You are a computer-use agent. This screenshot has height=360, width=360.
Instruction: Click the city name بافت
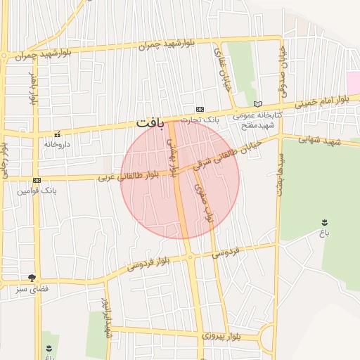[150, 123]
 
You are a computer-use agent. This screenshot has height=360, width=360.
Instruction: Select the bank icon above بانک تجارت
[200, 109]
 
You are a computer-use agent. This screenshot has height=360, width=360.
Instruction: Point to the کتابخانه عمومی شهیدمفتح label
[257, 119]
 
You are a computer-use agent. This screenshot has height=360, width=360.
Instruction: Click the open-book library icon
[257, 104]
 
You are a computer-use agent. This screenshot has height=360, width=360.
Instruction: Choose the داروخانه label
[58, 143]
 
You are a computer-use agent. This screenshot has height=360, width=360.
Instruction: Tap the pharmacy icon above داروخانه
[57, 134]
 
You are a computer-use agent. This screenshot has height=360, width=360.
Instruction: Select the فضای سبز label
[32, 288]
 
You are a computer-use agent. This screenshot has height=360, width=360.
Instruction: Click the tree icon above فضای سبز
[31, 278]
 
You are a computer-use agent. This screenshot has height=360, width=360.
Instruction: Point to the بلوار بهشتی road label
[171, 156]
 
